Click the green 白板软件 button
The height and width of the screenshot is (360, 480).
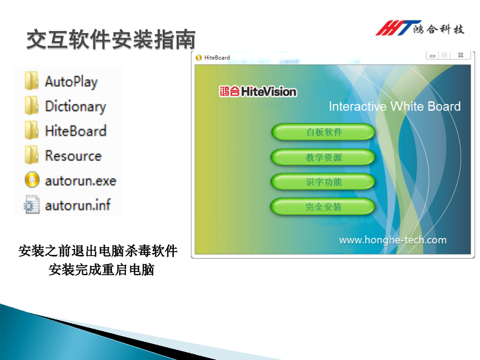coord(323,132)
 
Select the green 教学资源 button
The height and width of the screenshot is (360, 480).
coord(323,157)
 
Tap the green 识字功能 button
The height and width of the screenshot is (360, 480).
coord(323,182)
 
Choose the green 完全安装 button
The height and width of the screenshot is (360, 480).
coord(323,206)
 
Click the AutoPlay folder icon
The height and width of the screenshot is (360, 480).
coord(31,81)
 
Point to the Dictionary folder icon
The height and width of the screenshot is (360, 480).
coord(31,106)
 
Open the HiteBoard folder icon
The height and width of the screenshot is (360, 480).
coord(31,130)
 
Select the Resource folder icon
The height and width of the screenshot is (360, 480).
coord(31,155)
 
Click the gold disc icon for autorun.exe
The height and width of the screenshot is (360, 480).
coord(32,180)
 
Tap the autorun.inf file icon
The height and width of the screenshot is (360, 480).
coord(32,204)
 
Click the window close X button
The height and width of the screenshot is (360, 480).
coord(461,55)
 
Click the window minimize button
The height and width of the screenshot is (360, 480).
coord(433,55)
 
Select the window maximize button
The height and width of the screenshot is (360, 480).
coord(444,55)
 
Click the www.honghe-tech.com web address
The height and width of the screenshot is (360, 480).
coord(393,240)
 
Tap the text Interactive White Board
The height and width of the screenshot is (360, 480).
coord(395,107)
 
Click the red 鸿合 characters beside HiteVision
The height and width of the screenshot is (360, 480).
coord(229,91)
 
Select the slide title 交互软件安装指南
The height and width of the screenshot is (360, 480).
coord(111,39)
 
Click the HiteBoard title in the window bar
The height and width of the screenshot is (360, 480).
coord(217,58)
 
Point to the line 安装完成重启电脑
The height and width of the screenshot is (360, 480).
coord(101,270)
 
